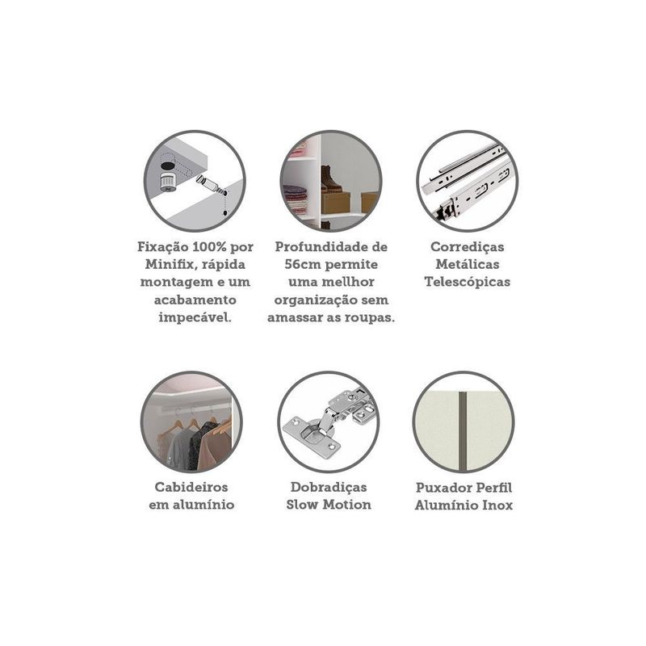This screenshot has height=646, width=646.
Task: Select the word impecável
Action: coord(195,317)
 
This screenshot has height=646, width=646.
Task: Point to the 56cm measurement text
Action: coord(303,265)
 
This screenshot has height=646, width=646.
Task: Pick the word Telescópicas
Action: coord(468,282)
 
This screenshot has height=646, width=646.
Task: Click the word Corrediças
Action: coord(468,247)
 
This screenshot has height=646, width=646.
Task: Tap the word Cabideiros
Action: coord(191,487)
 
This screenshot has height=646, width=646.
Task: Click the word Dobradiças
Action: coord(329,487)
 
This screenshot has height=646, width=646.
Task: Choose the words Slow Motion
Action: coord(329,505)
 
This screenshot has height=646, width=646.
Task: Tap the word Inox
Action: coord(497,505)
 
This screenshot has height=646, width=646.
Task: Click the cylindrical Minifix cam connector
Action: coord(168,182)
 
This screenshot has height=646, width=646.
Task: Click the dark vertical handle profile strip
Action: coord(464,431)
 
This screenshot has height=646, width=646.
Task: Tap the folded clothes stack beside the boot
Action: coord(296,199)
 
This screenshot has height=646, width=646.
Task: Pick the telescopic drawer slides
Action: coord(468,181)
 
